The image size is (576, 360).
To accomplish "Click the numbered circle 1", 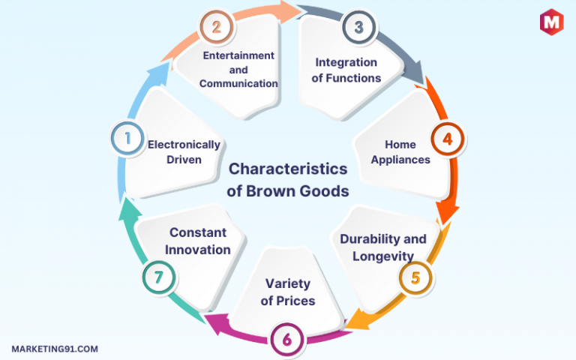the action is [x=127, y=139].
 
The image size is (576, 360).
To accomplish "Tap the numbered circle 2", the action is [x=216, y=27].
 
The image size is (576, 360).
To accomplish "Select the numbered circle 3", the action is [x=359, y=27].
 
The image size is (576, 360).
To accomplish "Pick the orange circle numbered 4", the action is [x=448, y=139].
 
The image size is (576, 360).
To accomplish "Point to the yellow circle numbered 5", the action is [x=415, y=277].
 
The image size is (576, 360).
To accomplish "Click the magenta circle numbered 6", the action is [x=287, y=340].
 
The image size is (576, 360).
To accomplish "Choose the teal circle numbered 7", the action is [x=159, y=277].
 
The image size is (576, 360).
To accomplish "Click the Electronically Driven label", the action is [x=184, y=152].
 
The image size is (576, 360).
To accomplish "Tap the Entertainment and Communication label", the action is [x=238, y=70].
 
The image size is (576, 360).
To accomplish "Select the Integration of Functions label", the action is [x=346, y=70].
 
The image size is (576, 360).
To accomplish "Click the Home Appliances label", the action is [x=400, y=152].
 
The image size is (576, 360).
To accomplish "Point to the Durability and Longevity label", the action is [x=383, y=247].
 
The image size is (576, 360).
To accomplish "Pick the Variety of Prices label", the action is [x=288, y=292].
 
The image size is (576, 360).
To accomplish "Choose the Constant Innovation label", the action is [x=198, y=241].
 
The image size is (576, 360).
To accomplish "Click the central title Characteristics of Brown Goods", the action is [x=288, y=180].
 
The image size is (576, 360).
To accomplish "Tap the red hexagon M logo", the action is [x=551, y=22].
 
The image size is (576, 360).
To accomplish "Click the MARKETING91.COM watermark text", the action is [x=55, y=349].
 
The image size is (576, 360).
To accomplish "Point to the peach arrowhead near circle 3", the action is [x=291, y=11].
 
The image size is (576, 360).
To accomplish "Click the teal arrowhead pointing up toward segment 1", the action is [x=130, y=210].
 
